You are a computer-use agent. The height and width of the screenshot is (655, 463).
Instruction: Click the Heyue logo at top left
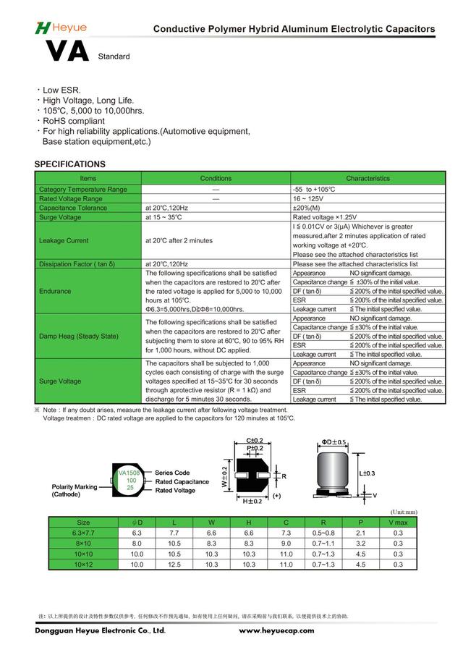tap(61, 28)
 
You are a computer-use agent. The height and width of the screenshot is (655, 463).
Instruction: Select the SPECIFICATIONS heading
tap(70, 164)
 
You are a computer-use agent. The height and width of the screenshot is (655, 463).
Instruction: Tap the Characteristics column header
tap(368, 178)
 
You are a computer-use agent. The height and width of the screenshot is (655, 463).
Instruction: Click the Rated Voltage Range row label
tap(71, 198)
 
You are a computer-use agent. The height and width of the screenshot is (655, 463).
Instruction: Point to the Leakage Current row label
tap(64, 240)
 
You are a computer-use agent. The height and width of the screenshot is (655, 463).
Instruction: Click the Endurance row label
tap(55, 291)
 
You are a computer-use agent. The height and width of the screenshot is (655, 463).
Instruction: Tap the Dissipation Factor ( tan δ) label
tap(77, 264)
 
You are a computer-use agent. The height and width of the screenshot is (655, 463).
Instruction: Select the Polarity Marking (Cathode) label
tap(75, 491)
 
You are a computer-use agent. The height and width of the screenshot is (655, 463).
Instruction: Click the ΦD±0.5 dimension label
tap(334, 441)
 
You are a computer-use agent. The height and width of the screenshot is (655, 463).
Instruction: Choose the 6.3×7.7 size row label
tap(83, 532)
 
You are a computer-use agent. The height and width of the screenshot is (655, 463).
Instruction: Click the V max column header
tap(399, 522)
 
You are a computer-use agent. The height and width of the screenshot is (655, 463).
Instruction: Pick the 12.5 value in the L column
tap(174, 565)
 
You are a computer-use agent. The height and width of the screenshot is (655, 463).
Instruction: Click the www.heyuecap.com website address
tap(276, 630)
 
